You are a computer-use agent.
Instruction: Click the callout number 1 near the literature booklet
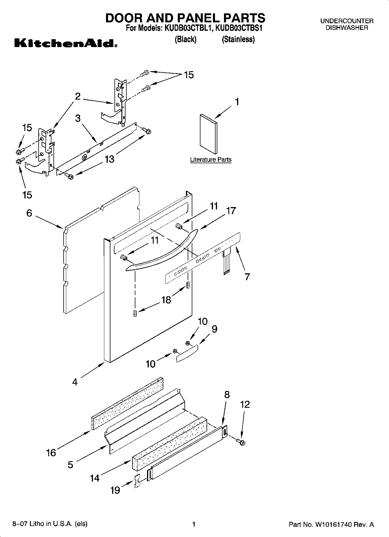pyautogui.click(x=237, y=102)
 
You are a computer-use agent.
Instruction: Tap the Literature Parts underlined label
pyautogui.click(x=211, y=160)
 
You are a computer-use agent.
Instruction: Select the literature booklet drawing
pyautogui.click(x=208, y=134)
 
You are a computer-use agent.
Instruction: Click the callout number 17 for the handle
pyautogui.click(x=231, y=211)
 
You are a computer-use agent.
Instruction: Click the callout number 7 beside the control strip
pyautogui.click(x=247, y=277)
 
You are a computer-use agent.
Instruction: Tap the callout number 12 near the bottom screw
pyautogui.click(x=245, y=405)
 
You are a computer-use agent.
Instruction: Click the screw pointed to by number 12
pyautogui.click(x=241, y=442)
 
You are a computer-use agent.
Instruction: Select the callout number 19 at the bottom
pyautogui.click(x=115, y=490)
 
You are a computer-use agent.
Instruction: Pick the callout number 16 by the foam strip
pyautogui.click(x=51, y=452)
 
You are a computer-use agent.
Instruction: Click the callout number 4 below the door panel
pyautogui.click(x=75, y=382)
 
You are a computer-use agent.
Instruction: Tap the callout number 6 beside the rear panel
pyautogui.click(x=29, y=213)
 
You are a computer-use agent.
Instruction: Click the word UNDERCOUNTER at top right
pyautogui.click(x=347, y=21)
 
